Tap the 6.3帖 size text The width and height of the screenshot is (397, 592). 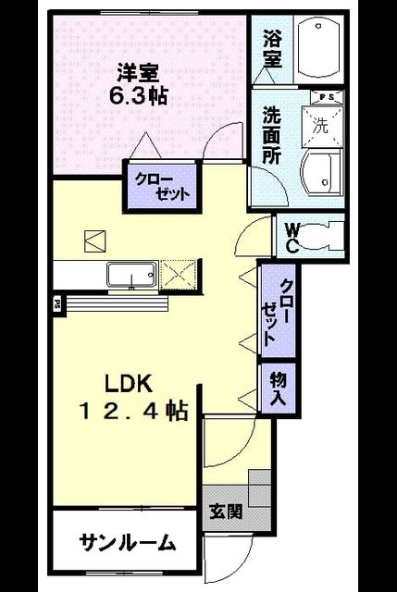pyautogui.click(x=138, y=96)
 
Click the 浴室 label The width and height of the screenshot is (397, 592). pyautogui.click(x=273, y=49)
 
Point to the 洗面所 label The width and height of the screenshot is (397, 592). pyautogui.click(x=272, y=135)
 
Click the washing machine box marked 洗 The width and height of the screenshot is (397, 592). pyautogui.click(x=322, y=125)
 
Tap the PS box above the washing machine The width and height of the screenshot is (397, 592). pyautogui.click(x=327, y=97)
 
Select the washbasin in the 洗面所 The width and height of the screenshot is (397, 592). pyautogui.click(x=322, y=173)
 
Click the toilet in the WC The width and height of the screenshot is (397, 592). pyautogui.click(x=323, y=237)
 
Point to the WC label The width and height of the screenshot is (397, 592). pyautogui.click(x=292, y=237)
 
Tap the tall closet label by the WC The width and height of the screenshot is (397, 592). pyautogui.click(x=279, y=312)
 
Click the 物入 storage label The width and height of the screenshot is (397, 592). pyautogui.click(x=279, y=389)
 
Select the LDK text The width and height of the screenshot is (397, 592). pyautogui.click(x=129, y=384)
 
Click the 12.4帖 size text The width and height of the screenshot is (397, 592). pyautogui.click(x=133, y=411)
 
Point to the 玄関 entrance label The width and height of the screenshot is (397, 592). pyautogui.click(x=227, y=512)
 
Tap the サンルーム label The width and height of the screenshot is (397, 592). pyautogui.click(x=128, y=543)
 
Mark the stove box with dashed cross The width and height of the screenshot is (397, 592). pyautogui.click(x=179, y=276)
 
